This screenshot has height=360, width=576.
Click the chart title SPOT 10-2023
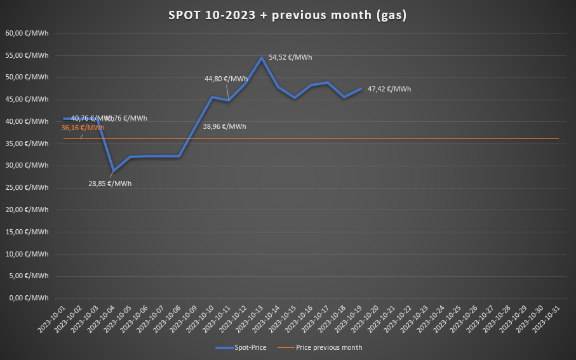[x=288, y=15]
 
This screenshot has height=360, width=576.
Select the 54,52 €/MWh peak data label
[x=290, y=57]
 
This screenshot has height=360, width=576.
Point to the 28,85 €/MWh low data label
[x=110, y=183]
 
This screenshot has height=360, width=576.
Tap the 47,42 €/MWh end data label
[x=389, y=89]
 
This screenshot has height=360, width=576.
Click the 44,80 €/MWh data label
[x=225, y=79]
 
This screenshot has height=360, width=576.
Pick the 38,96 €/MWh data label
[x=224, y=126]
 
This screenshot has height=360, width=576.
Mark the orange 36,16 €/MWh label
[x=83, y=128]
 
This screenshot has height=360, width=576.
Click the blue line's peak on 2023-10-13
[x=262, y=58]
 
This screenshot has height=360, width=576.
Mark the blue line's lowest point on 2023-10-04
[x=113, y=171]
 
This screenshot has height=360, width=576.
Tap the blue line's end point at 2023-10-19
[x=361, y=89]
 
